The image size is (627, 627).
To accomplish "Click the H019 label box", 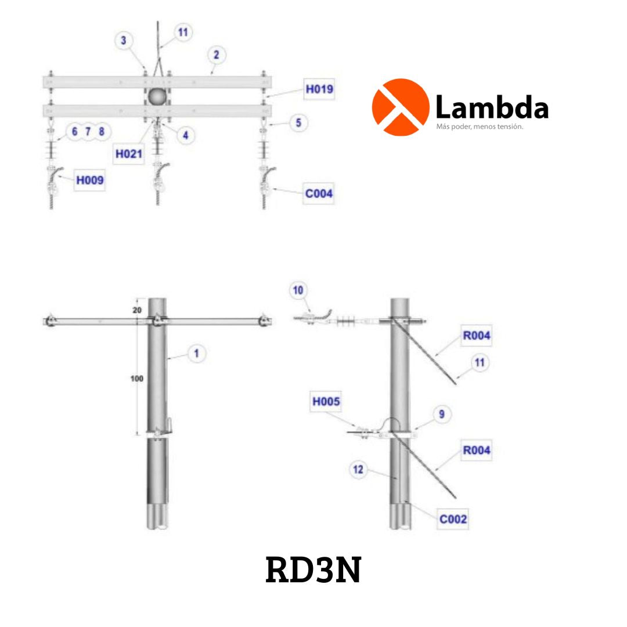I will point(320,90).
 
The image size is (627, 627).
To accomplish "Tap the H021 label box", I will point(128,154).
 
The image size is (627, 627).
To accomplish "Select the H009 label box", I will point(90,181).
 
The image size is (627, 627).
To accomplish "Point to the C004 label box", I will point(319,194).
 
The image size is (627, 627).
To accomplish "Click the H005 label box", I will point(326,401).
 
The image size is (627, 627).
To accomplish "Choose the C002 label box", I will point(453,519).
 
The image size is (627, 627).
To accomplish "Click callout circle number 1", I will point(196,353).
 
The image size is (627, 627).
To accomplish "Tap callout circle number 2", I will point(217,55).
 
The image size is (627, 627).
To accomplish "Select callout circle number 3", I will point(123,40).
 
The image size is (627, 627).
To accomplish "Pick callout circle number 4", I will point(185,135).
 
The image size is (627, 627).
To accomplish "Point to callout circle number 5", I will point(298,123).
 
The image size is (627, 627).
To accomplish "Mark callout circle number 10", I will point(298,290).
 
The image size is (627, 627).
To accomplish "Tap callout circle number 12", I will point(359,469).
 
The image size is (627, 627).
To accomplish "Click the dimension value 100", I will point(138,379).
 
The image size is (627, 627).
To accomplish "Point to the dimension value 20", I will point(137,311).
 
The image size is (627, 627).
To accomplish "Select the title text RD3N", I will point(313,571).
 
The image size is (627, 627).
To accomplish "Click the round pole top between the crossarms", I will point(157,97).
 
